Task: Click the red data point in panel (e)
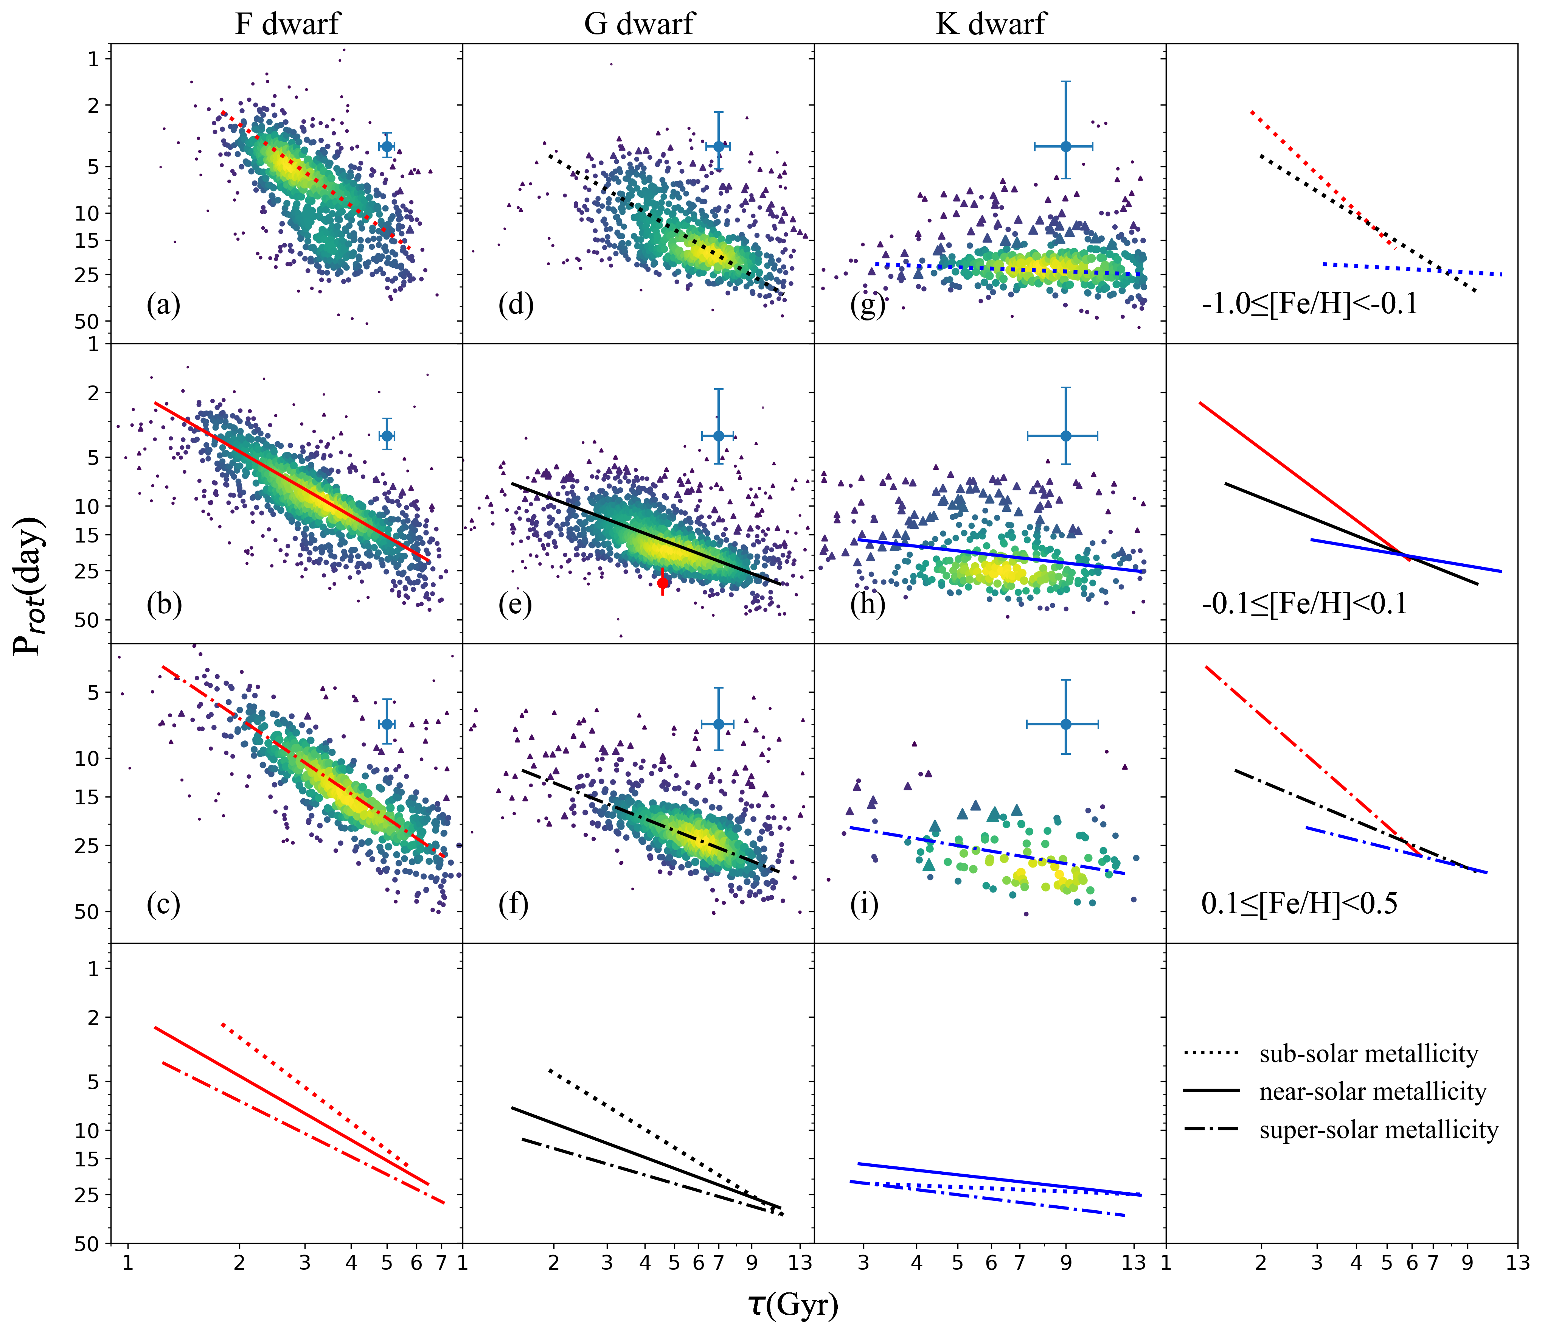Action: click(x=663, y=583)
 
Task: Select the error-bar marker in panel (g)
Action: click(x=1066, y=146)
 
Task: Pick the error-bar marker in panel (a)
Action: click(x=386, y=146)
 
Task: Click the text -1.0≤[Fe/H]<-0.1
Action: click(x=1310, y=304)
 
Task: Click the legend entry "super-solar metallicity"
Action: click(x=1378, y=1130)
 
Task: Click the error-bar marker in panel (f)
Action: click(x=718, y=724)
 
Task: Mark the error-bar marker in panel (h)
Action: click(x=1066, y=435)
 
